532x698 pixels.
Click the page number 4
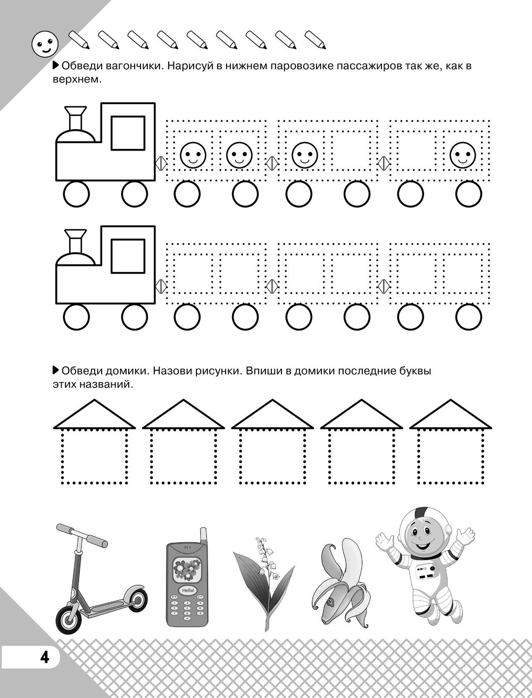[x=45, y=654]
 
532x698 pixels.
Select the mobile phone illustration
[x=187, y=583]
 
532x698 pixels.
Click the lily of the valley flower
[x=264, y=584]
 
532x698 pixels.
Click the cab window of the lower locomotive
[x=128, y=256]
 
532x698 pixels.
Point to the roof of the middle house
[x=272, y=414]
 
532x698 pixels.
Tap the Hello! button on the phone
[x=188, y=590]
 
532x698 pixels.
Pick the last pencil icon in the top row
[x=315, y=40]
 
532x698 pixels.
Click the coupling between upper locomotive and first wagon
[x=161, y=163]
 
